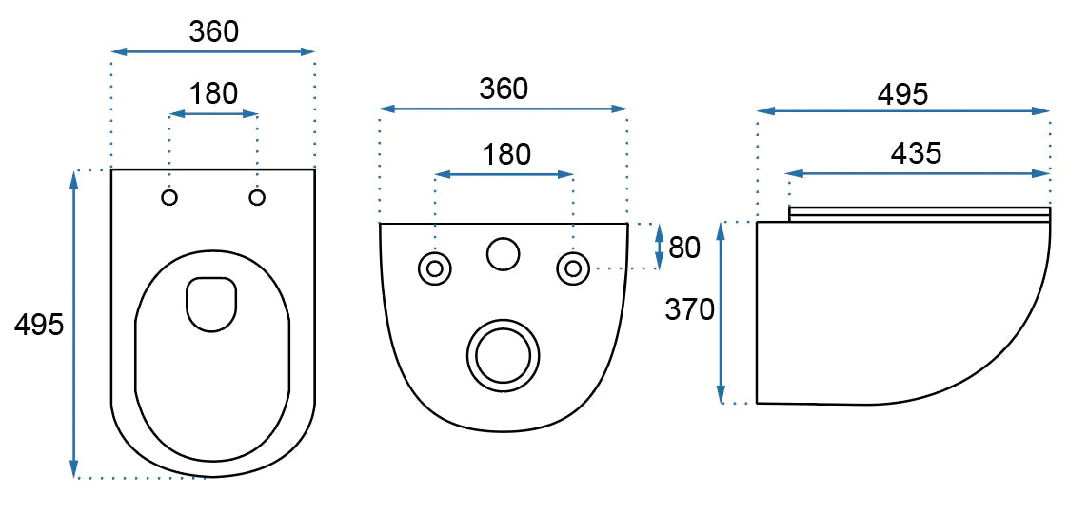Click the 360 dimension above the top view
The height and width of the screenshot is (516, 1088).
(x=213, y=31)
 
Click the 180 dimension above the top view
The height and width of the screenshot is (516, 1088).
(x=213, y=93)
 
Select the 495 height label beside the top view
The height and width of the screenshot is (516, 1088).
(x=39, y=325)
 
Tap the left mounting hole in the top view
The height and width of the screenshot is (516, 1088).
(x=170, y=197)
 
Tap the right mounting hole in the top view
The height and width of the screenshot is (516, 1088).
(x=257, y=197)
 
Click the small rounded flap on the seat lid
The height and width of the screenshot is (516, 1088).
(x=211, y=304)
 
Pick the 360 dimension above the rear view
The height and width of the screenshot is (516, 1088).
(x=503, y=89)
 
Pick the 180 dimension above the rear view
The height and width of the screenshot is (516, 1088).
(x=505, y=154)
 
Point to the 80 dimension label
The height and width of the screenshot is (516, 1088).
(x=684, y=248)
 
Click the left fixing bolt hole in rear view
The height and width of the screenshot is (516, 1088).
(x=435, y=268)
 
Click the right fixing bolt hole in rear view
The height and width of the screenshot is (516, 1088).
(x=572, y=268)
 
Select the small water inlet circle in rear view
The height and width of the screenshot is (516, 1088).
(x=504, y=252)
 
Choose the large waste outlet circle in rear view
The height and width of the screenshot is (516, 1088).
(x=503, y=355)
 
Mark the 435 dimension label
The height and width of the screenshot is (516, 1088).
(x=916, y=153)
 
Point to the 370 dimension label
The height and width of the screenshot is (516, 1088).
(x=690, y=309)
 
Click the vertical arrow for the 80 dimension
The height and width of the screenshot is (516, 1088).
(x=660, y=247)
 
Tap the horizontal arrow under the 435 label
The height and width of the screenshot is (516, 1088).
(x=918, y=173)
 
